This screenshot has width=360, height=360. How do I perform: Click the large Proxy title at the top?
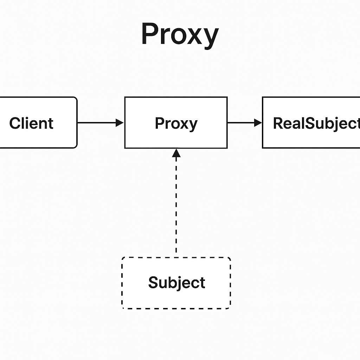click(180, 34)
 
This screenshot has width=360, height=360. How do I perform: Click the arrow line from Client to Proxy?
click(97, 123)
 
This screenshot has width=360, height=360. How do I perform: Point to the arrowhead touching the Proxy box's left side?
click(120, 123)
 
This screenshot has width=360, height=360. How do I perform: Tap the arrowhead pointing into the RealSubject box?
click(258, 123)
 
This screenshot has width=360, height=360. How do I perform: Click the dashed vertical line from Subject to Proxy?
click(176, 204)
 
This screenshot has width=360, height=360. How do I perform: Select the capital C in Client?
click(15, 123)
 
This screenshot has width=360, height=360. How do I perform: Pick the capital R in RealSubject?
click(279, 123)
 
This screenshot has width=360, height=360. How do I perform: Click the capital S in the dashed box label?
click(153, 283)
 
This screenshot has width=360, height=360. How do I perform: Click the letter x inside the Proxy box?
click(184, 124)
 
